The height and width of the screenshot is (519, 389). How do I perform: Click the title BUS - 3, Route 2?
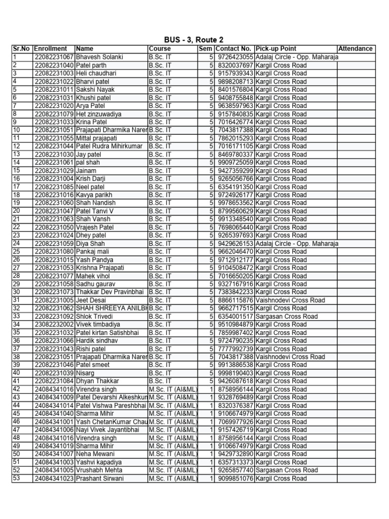pos(194,40)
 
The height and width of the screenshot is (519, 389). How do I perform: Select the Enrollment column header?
pos(50,49)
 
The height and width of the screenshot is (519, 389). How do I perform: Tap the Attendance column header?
pos(355,49)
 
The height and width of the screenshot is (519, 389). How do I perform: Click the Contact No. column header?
pos(234,49)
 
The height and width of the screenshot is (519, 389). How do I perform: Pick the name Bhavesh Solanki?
pos(99,57)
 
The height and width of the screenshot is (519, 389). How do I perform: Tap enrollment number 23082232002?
pos(54,324)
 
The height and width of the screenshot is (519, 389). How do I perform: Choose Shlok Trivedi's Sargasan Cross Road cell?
pos(287,316)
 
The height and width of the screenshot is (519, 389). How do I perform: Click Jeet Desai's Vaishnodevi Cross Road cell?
pos(290,300)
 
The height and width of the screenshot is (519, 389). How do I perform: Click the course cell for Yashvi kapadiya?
pos(172,462)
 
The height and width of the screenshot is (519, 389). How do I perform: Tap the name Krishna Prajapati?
pos(100,268)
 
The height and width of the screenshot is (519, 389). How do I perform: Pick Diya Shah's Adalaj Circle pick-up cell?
pos(297,243)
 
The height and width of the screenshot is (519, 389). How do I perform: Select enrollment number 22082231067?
pos(54,57)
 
